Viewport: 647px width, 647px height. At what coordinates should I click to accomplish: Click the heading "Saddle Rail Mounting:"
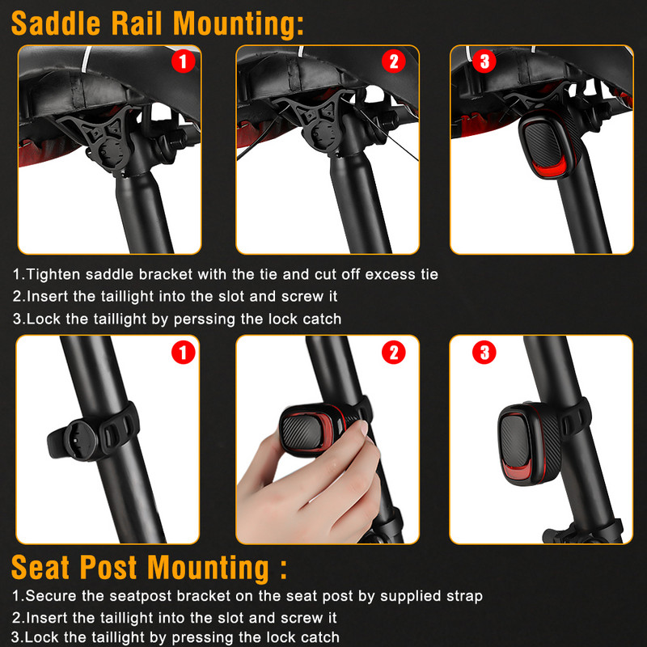pos(158,23)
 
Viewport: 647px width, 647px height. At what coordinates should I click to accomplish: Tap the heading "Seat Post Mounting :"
pos(149,568)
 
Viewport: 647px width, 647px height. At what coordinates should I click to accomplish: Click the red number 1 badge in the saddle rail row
pos(184,61)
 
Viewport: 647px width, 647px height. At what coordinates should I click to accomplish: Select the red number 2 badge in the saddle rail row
pos(394,61)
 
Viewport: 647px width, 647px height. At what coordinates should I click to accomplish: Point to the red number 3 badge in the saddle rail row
pos(484,61)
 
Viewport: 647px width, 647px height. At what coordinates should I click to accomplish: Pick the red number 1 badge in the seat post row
pos(184,353)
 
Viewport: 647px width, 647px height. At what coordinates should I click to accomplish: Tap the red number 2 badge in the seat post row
pos(394,353)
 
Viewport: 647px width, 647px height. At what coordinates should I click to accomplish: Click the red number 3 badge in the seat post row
pos(484,353)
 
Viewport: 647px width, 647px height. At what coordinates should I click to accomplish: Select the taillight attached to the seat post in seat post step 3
pos(531,443)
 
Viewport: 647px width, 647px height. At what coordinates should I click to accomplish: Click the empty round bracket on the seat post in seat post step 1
pos(81,439)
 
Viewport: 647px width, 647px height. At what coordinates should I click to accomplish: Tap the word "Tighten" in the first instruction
pos(53,274)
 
